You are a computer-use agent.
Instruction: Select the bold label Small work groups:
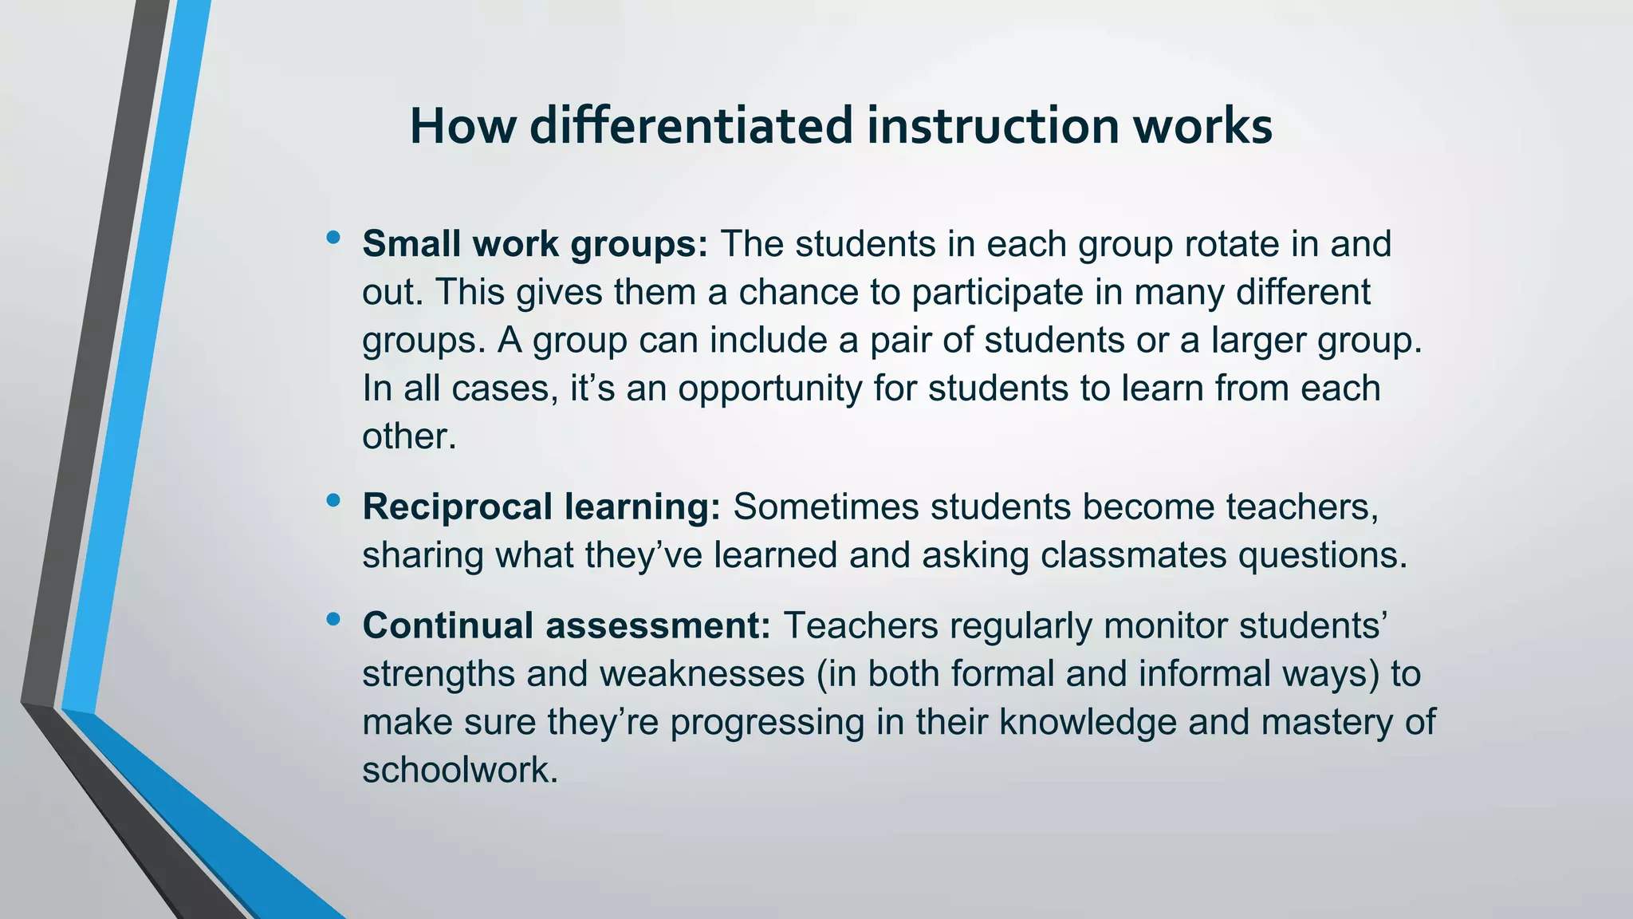[535, 244]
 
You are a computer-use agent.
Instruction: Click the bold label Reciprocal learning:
[541, 507]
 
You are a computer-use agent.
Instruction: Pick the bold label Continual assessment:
[566, 625]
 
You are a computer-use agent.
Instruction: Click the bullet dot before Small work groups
[333, 237]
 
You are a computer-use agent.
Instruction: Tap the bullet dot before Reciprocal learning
[333, 500]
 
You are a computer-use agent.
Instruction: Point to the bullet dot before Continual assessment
[333, 618]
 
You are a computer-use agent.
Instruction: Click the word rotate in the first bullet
[1232, 244]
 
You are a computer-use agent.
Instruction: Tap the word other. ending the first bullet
[409, 436]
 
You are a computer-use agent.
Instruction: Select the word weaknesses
[702, 674]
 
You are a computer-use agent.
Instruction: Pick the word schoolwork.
[459, 771]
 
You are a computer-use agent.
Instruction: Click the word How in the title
[462, 126]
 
